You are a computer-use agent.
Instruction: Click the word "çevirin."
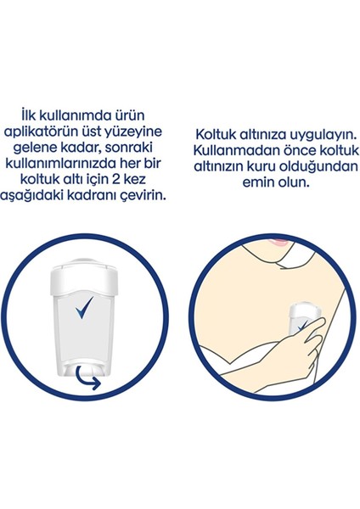pos(142,196)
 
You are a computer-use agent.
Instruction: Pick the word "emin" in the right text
pos(257,182)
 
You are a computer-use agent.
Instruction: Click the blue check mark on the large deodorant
pos(84,307)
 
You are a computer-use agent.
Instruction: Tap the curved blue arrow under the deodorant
pos(86,378)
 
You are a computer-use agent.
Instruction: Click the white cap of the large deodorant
pos(84,278)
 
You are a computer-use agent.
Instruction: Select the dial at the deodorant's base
pos(84,371)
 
